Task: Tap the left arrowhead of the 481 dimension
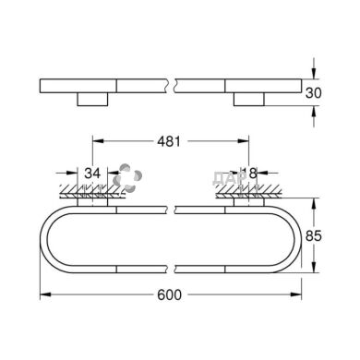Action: [97, 142]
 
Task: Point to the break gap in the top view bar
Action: [172, 85]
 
